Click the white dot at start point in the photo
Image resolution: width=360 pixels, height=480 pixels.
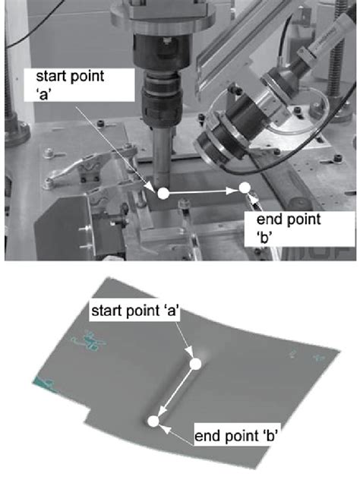pos(163,194)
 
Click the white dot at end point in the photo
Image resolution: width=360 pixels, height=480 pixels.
pos(245,188)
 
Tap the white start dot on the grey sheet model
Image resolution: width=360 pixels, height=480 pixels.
pos(196,365)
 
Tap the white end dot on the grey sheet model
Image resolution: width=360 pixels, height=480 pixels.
pos(153,422)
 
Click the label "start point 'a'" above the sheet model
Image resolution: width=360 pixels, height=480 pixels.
pos(134,311)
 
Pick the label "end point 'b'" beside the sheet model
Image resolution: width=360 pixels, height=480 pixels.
pos(235,435)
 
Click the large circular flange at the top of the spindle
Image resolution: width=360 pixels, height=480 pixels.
pos(162,16)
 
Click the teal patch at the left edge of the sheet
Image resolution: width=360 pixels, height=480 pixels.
pos(45,384)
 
